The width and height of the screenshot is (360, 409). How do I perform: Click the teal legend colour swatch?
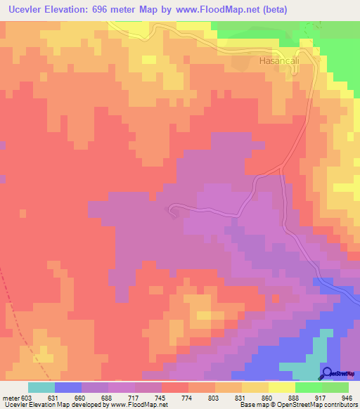pyautogui.click(x=41, y=387)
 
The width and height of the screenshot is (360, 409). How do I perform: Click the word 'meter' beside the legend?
pyautogui.click(x=10, y=398)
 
